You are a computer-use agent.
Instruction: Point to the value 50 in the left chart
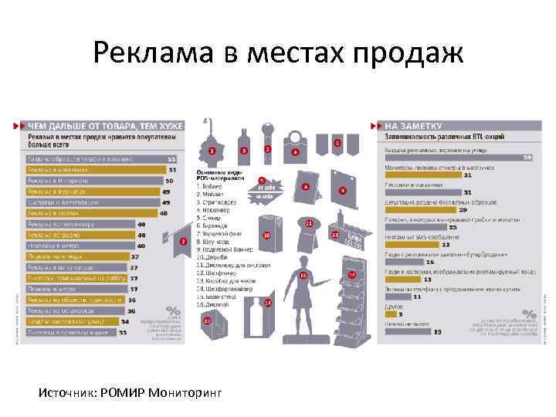(x=169, y=181)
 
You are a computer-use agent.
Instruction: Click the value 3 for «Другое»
(x=400, y=314)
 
